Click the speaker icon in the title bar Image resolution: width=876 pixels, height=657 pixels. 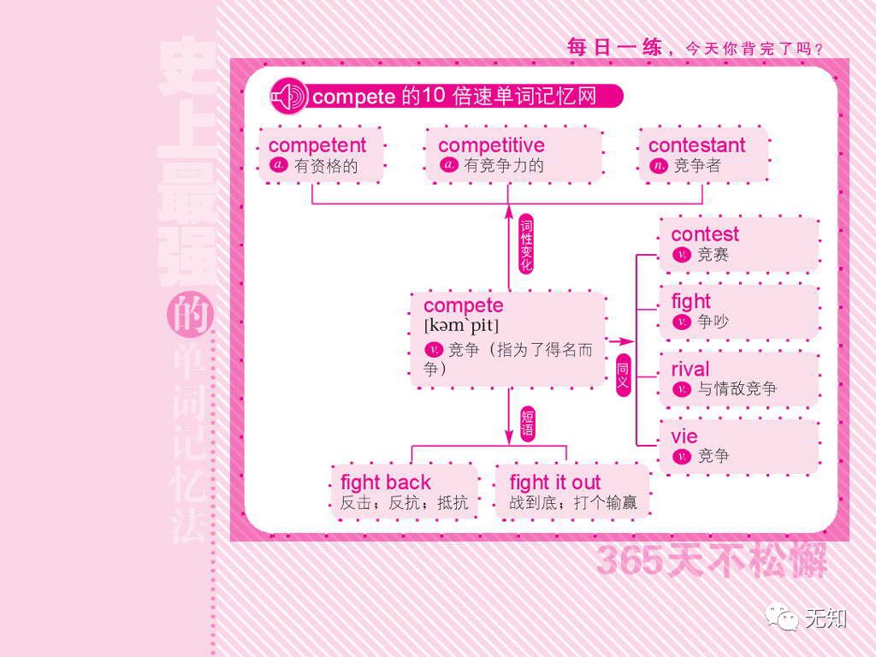(288, 96)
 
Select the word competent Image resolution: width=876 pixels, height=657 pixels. (317, 145)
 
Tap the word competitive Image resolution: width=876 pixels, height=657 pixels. (491, 145)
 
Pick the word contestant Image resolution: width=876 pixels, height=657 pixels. (696, 145)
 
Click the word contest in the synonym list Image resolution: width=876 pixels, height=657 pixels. (705, 234)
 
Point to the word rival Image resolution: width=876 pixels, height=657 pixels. (690, 369)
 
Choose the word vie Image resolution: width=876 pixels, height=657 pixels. (684, 436)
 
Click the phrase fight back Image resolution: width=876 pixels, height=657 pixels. (385, 482)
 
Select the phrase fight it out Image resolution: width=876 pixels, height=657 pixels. (555, 482)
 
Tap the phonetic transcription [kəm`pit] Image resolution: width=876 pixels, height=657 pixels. (461, 326)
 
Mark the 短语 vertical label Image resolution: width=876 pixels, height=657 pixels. (527, 424)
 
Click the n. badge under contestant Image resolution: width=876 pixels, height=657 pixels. (659, 166)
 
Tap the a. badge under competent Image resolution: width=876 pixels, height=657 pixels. (279, 166)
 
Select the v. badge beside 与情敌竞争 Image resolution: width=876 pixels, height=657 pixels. (682, 389)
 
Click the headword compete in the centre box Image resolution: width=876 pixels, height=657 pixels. (463, 305)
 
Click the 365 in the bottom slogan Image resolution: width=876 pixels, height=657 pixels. (629, 560)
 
